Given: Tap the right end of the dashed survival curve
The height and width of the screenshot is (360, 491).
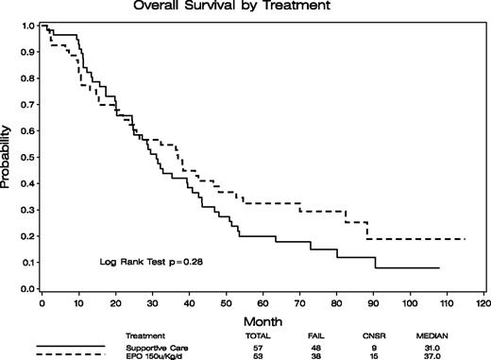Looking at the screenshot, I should [x=465, y=239].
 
